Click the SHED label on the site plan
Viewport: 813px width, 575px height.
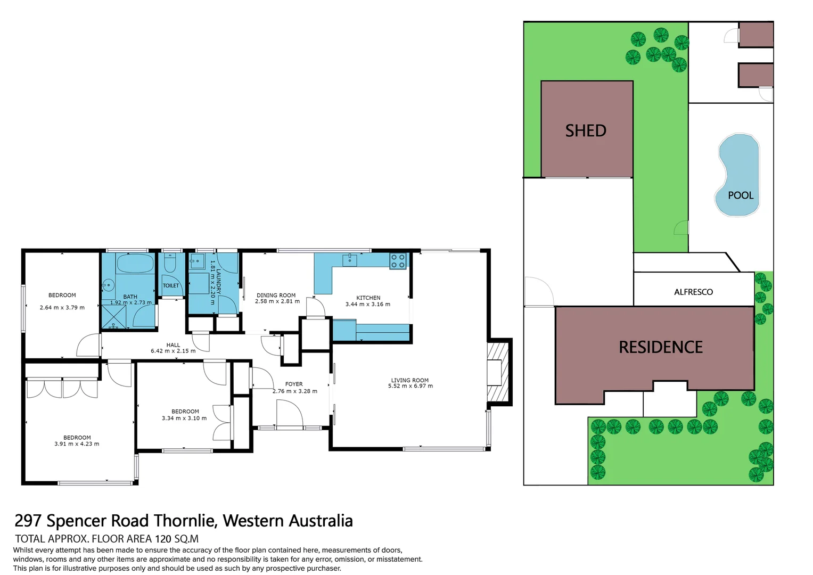pyautogui.click(x=586, y=131)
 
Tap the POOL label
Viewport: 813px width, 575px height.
pyautogui.click(x=741, y=195)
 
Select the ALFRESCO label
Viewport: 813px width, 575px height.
pyautogui.click(x=693, y=292)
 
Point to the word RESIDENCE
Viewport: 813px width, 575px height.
pyautogui.click(x=660, y=347)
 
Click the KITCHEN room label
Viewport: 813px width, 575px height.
pyautogui.click(x=368, y=298)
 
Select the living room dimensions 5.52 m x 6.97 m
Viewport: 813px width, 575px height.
pyautogui.click(x=410, y=386)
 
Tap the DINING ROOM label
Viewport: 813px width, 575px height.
pyautogui.click(x=276, y=295)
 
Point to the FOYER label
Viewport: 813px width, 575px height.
pyautogui.click(x=294, y=384)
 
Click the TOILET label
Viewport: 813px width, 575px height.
pyautogui.click(x=171, y=286)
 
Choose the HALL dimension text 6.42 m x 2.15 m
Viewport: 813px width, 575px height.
pyautogui.click(x=173, y=351)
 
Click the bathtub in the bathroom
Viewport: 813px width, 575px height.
pyautogui.click(x=135, y=264)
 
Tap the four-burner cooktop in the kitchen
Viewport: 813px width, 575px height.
pyautogui.click(x=398, y=261)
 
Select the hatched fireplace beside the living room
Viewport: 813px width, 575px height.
pyautogui.click(x=498, y=372)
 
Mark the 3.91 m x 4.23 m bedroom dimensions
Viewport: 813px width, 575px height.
pyautogui.click(x=77, y=443)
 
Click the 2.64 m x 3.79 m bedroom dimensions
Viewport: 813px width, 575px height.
pyautogui.click(x=62, y=307)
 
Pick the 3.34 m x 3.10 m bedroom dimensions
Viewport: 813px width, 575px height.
pyautogui.click(x=184, y=418)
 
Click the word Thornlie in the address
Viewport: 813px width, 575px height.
pyautogui.click(x=185, y=520)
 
